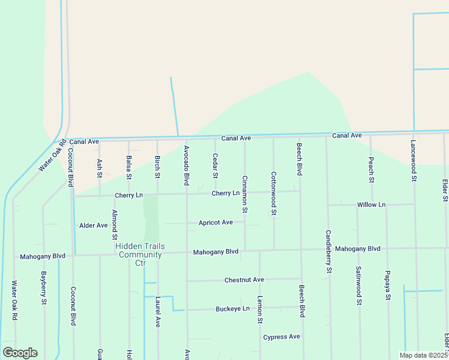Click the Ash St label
tap(100, 169)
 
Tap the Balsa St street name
tap(128, 167)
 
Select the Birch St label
tap(157, 167)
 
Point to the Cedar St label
tap(215, 166)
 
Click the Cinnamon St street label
tap(244, 194)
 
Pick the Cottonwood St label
tap(274, 194)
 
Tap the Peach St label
tap(372, 170)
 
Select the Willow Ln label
tap(371, 205)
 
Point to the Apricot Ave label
tap(215, 223)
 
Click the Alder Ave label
tap(93, 226)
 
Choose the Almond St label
tap(114, 225)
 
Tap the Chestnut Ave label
tap(244, 280)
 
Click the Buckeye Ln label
tap(232, 309)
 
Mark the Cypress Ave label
tap(281, 337)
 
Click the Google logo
tap(20, 352)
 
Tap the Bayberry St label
tap(44, 288)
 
